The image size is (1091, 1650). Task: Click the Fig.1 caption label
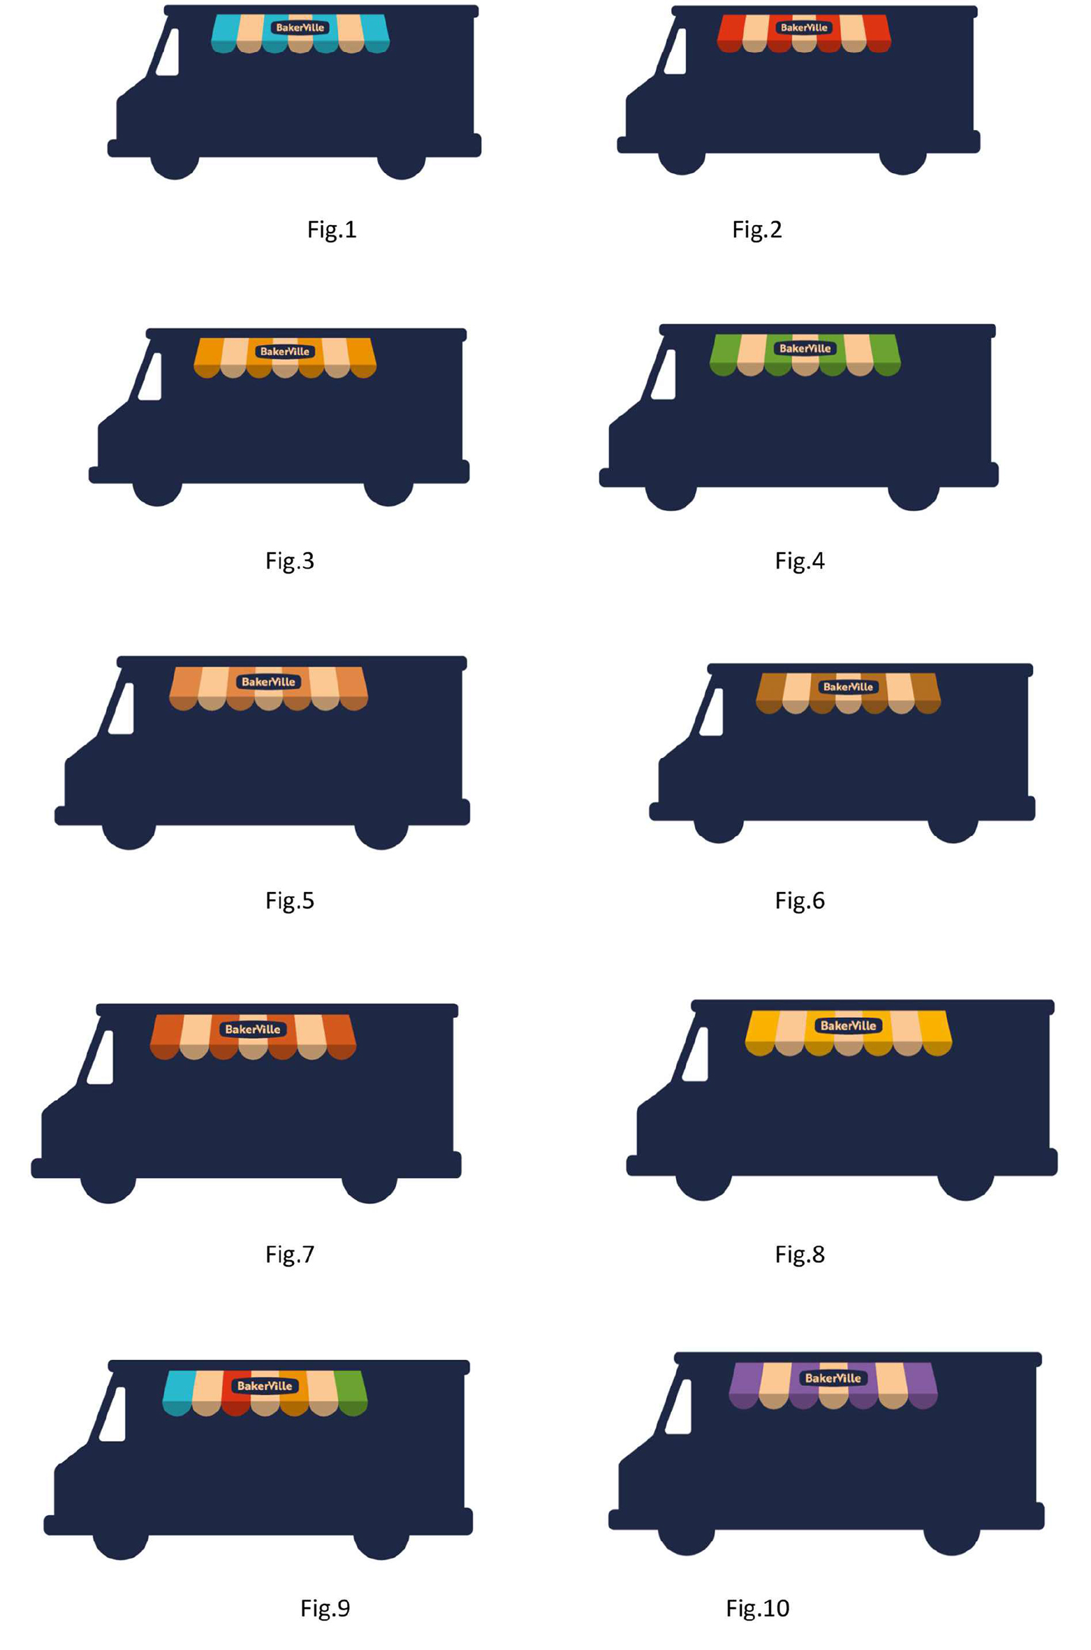pyautogui.click(x=332, y=230)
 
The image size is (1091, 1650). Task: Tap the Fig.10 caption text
pyautogui.click(x=757, y=1608)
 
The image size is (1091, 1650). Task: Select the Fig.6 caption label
pyautogui.click(x=800, y=900)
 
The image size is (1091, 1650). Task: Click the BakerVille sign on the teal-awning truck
pyautogui.click(x=300, y=28)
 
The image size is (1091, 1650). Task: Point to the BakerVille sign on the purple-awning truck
pyautogui.click(x=833, y=1378)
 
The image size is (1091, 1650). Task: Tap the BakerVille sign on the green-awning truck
pyautogui.click(x=805, y=349)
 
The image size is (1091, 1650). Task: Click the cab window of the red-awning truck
pyautogui.click(x=675, y=51)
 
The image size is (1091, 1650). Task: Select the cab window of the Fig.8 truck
pyautogui.click(x=696, y=1054)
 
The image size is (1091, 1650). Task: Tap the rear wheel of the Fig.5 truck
pyautogui.click(x=381, y=830)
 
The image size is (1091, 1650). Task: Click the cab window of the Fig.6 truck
pyautogui.click(x=712, y=712)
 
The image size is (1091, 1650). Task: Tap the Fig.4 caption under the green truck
pyautogui.click(x=800, y=561)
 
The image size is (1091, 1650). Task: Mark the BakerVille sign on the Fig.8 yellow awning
pyautogui.click(x=848, y=1025)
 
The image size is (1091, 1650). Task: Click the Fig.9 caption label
pyautogui.click(x=325, y=1608)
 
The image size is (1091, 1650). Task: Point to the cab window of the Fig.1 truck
pyautogui.click(x=168, y=52)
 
